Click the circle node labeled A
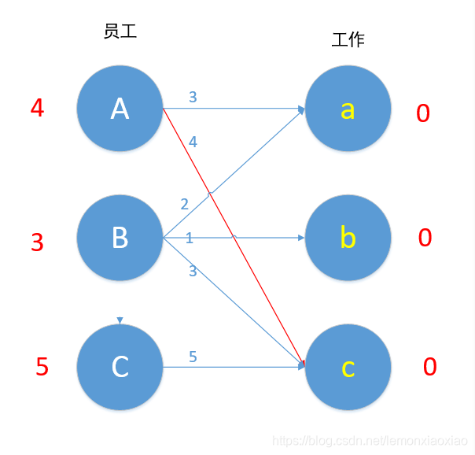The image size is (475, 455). pos(120,109)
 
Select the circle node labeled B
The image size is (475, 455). pos(120,237)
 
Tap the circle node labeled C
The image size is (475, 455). pos(120,367)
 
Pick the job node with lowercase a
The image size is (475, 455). pos(348,109)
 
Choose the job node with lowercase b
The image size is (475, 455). pos(348,237)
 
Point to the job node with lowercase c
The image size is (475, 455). pos(348,367)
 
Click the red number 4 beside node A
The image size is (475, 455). pos(37,108)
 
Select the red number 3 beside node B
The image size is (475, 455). pos(37,242)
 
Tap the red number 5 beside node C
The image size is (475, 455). pos(42,367)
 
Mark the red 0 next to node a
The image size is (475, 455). pos(423,114)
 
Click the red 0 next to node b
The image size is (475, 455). pos(425,238)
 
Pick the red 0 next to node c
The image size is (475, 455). pos(430,367)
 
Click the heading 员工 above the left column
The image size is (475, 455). pos(120,31)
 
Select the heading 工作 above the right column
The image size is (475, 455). pos(348,39)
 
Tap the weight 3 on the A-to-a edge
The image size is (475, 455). pos(193,98)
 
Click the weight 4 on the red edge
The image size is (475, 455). pos(193,142)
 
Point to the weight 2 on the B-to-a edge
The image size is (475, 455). pos(185,205)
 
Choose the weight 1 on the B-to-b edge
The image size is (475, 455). pos(190,238)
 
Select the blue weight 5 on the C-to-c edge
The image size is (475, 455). pos(193,357)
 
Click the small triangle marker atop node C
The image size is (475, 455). pos(120,320)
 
